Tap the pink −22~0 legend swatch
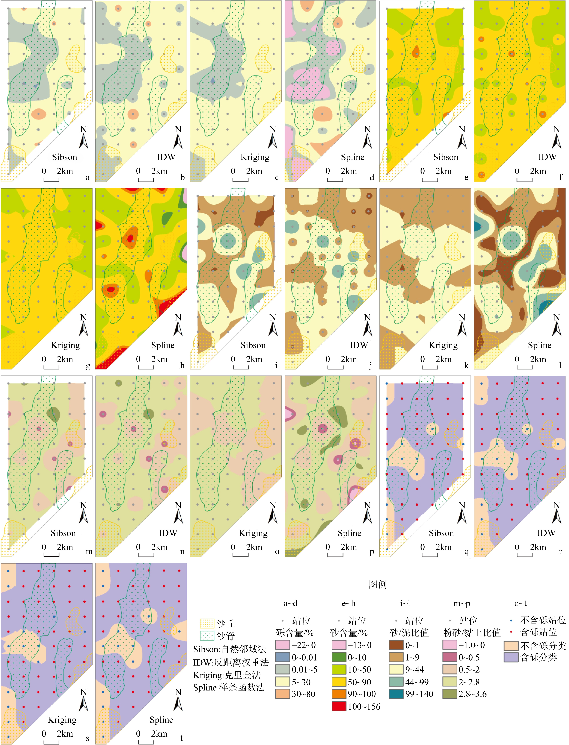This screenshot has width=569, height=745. point(282,645)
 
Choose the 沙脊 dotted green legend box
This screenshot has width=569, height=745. point(207,636)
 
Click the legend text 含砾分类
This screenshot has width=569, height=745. point(538,657)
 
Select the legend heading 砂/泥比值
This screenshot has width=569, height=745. point(409,633)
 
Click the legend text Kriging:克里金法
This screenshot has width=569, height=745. point(227,675)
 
